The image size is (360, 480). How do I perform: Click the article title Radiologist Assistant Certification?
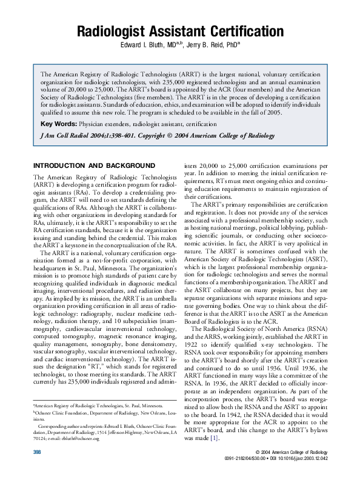tap(180, 32)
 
